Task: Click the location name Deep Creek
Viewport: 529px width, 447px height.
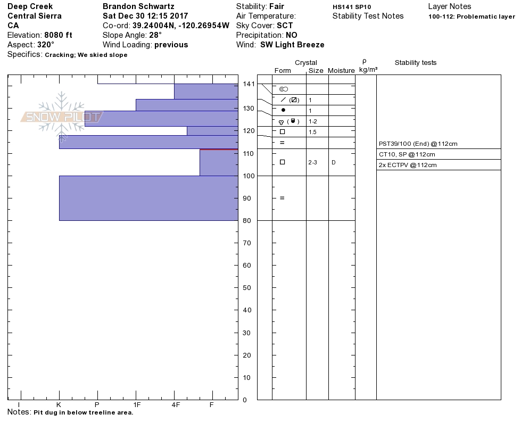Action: click(30, 7)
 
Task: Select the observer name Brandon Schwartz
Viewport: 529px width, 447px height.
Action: click(138, 7)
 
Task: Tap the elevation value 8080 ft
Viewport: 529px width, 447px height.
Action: click(58, 35)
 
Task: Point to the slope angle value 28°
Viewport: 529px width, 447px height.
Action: click(155, 35)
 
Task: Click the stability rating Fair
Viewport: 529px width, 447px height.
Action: click(277, 7)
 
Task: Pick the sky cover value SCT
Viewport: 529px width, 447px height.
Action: click(285, 26)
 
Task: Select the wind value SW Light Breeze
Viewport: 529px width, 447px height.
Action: click(292, 45)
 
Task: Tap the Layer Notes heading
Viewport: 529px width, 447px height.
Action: click(449, 7)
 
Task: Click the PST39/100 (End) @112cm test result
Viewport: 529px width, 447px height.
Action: click(418, 144)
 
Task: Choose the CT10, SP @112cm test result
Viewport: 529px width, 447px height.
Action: click(407, 154)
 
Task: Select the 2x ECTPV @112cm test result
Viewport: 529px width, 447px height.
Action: click(408, 165)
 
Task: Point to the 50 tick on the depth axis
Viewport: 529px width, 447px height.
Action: click(247, 288)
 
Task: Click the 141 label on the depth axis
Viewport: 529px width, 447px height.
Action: click(249, 84)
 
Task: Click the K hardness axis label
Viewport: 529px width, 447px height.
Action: click(59, 405)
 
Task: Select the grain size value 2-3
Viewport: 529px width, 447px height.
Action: click(312, 162)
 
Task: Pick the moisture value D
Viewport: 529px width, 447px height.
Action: click(334, 162)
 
